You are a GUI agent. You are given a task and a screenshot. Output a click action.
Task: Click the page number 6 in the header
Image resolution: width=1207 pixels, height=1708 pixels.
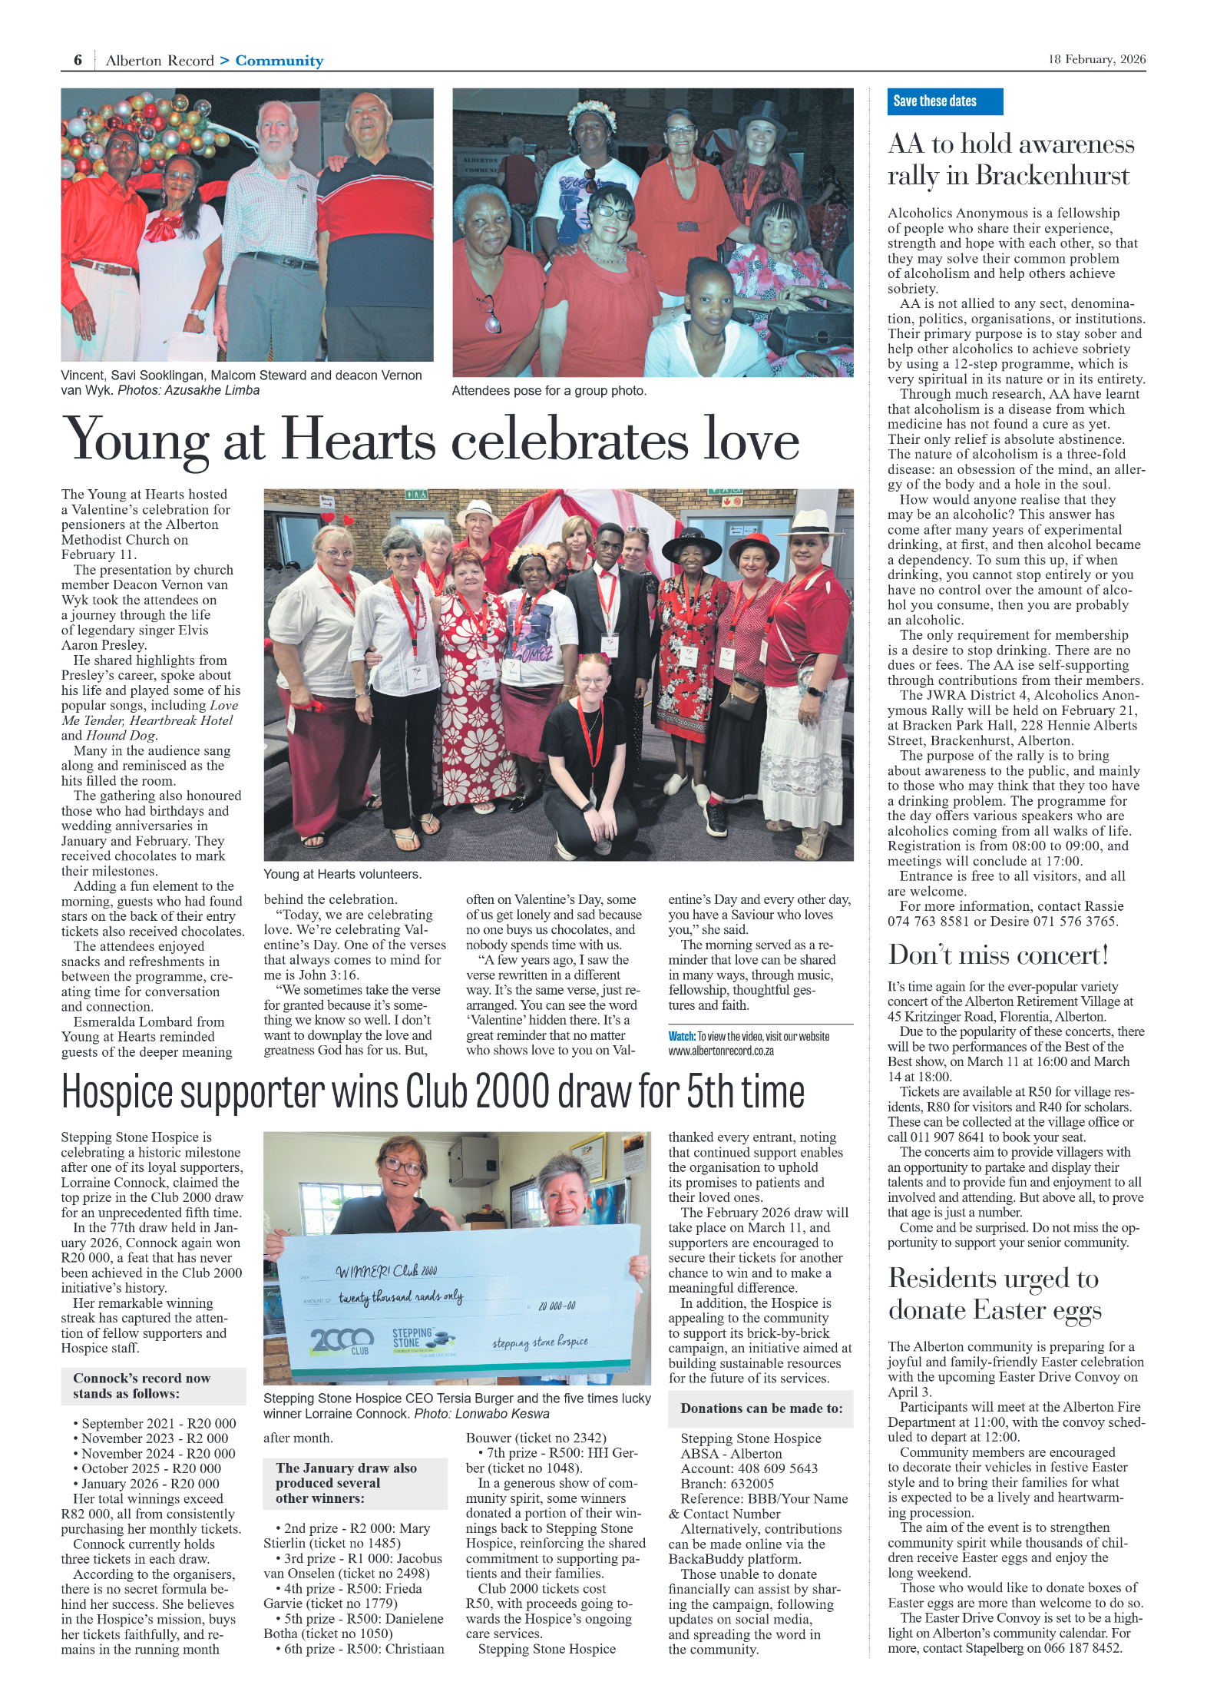(78, 60)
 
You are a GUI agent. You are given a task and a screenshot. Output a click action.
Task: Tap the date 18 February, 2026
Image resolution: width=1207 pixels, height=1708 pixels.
(1096, 59)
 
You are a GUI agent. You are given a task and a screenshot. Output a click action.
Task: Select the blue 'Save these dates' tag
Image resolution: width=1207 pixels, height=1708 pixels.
(944, 101)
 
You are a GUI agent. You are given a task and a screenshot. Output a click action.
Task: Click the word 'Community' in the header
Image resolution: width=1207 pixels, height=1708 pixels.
(279, 61)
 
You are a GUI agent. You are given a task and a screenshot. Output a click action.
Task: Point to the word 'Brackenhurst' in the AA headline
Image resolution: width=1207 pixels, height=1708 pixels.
(1052, 176)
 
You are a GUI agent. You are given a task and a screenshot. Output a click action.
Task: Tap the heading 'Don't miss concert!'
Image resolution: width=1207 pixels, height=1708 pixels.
(997, 955)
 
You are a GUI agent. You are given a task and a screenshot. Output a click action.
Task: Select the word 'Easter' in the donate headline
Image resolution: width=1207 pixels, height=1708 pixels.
(1011, 1309)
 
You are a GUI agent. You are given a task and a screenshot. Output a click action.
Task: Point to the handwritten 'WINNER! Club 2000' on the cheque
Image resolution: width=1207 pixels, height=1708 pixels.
(386, 1271)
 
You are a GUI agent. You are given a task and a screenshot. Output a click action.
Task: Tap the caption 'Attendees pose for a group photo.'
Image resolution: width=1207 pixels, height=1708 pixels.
(548, 391)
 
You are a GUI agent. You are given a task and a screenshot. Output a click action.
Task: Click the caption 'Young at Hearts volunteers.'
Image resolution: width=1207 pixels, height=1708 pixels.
(342, 874)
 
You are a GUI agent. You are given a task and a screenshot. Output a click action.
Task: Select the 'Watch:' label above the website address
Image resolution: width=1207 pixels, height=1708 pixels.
(681, 1036)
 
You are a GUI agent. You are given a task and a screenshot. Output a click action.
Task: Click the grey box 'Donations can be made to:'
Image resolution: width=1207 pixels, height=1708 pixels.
(760, 1408)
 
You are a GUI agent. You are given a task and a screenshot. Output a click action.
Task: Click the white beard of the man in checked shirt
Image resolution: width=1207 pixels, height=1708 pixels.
(276, 150)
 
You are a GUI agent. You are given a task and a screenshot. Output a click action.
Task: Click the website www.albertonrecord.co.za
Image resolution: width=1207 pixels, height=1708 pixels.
(720, 1051)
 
